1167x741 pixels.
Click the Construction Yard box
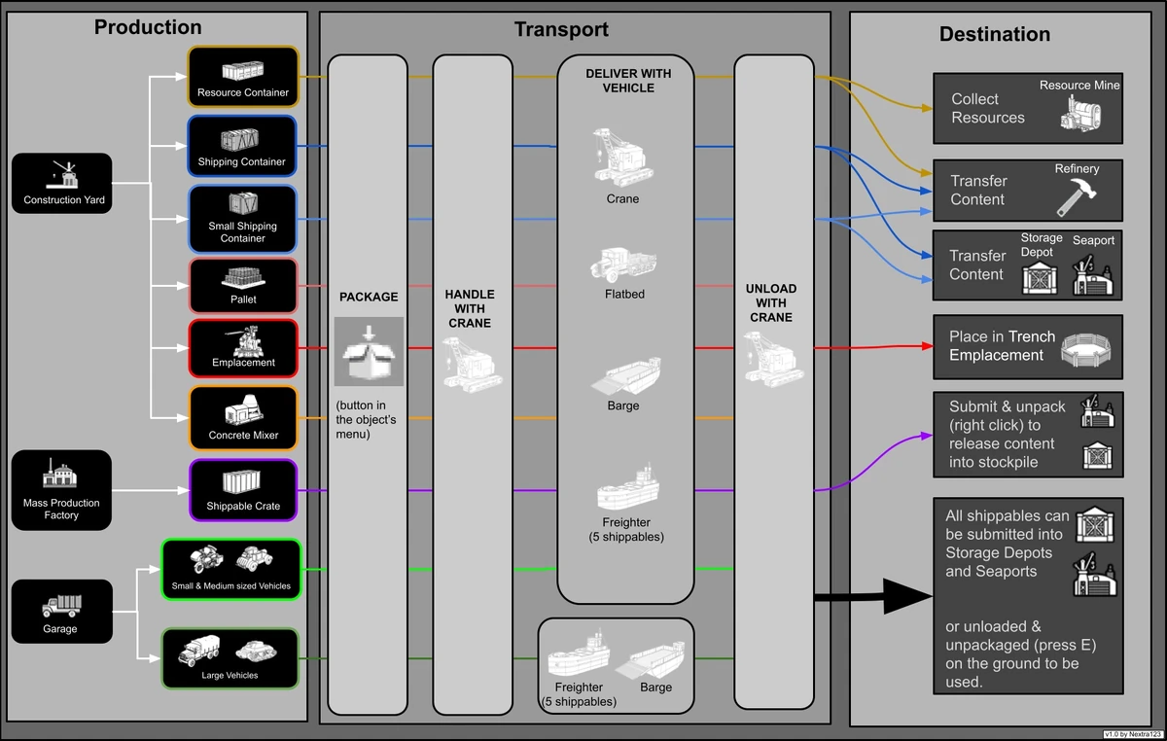coord(61,185)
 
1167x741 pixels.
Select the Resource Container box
coord(243,77)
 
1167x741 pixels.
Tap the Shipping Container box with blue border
coord(242,146)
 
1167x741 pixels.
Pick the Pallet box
coord(243,285)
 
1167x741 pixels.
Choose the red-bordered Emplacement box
coord(243,348)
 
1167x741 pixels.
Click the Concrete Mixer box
coord(243,418)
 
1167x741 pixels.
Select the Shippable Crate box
coord(243,491)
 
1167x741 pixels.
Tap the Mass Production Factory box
coord(61,490)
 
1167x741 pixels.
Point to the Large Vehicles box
coord(230,659)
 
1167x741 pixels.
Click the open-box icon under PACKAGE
coord(368,351)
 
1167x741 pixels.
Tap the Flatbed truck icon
coord(623,265)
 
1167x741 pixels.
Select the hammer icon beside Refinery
coord(1077,195)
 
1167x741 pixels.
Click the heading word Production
coord(148,27)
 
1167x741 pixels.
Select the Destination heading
coord(994,34)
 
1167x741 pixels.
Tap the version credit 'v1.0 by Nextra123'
coord(1132,734)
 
